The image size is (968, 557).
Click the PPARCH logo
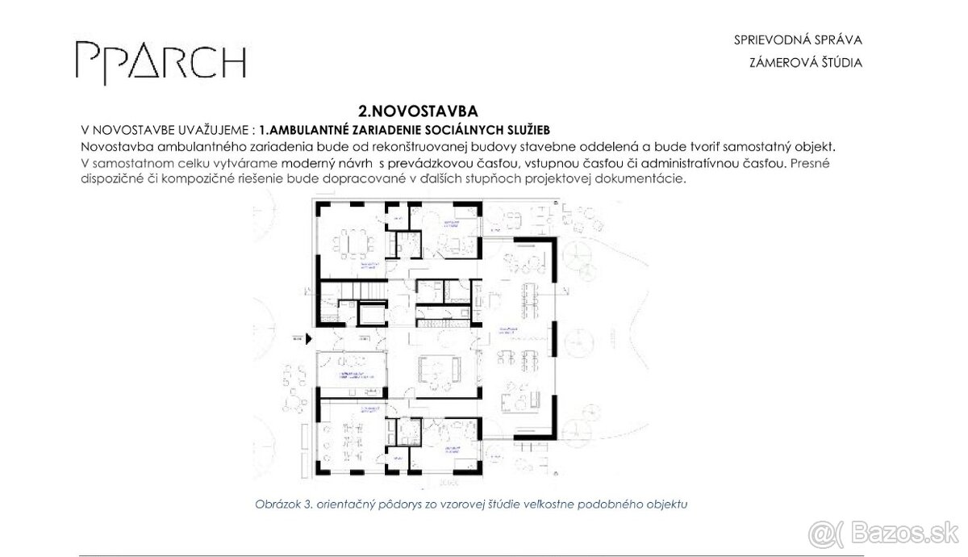click(160, 60)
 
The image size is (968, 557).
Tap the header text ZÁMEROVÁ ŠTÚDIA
click(805, 63)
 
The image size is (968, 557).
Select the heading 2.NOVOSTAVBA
click(413, 111)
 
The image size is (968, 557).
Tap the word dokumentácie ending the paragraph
click(647, 179)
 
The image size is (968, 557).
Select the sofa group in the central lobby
click(438, 371)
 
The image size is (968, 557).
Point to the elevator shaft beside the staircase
click(372, 313)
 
